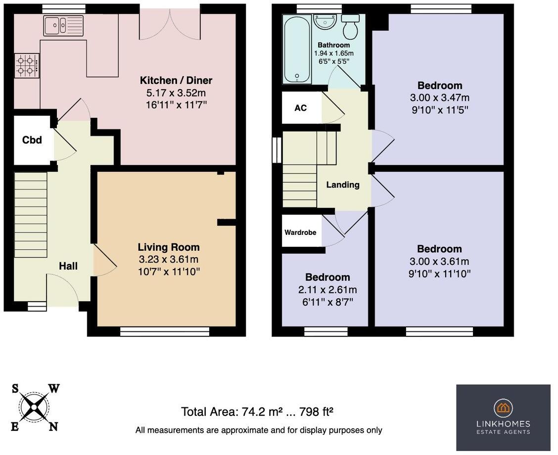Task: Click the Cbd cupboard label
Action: (x=32, y=140)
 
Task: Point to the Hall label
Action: (x=68, y=266)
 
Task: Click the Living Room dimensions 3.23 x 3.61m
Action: (x=168, y=259)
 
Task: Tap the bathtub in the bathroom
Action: (x=297, y=49)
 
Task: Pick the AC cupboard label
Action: (x=301, y=108)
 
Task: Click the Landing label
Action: (x=342, y=185)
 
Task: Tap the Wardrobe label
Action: (x=300, y=232)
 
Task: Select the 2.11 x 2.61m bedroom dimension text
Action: (x=327, y=290)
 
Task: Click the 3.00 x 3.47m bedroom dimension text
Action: (x=439, y=97)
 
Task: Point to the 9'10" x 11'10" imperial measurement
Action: (x=439, y=273)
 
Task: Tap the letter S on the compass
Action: (x=16, y=389)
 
